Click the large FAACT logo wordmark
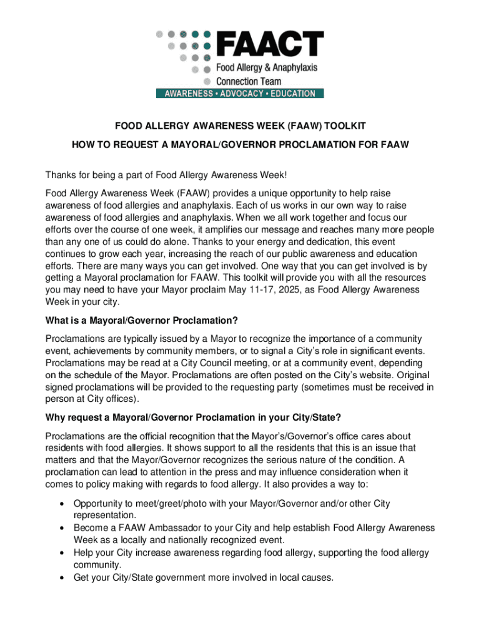[269, 44]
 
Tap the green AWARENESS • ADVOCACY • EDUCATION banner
[240, 94]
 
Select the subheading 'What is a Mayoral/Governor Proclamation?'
[142, 321]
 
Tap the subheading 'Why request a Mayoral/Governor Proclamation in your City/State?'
[194, 417]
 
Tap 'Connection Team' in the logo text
[249, 81]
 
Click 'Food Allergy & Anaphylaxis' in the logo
[267, 67]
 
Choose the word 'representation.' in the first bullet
[104, 516]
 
